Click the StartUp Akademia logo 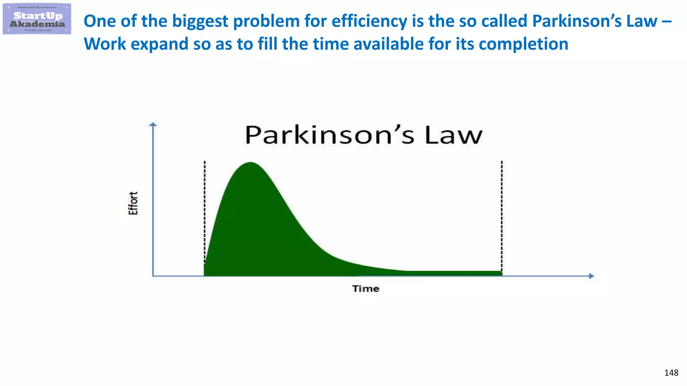(x=37, y=19)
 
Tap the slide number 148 (x=671, y=373)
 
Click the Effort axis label (x=133, y=203)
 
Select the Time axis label (x=366, y=288)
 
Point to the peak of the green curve (x=250, y=163)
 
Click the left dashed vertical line (x=205, y=208)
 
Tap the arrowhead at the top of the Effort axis (x=153, y=125)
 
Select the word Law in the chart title (x=454, y=135)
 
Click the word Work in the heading (x=105, y=44)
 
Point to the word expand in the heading (x=159, y=44)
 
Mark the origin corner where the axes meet (x=153, y=276)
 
